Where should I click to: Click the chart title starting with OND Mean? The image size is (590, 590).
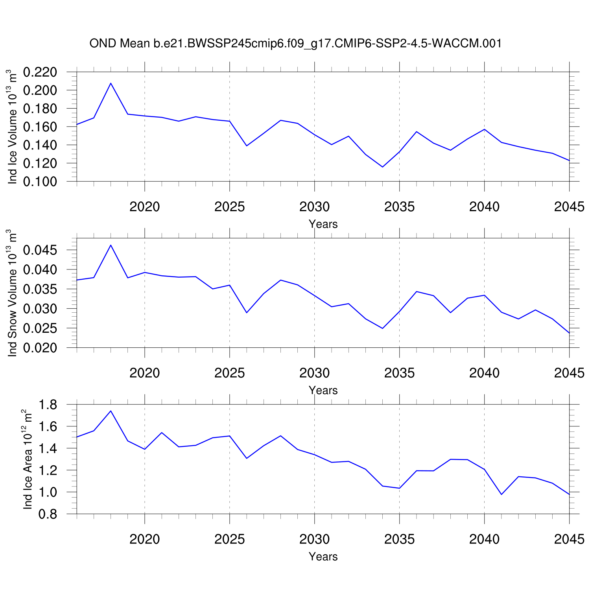pyautogui.click(x=295, y=43)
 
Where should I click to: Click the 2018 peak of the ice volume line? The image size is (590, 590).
pyautogui.click(x=111, y=83)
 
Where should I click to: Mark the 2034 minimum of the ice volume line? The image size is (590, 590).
pyautogui.click(x=382, y=167)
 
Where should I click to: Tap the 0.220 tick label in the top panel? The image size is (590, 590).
pyautogui.click(x=40, y=72)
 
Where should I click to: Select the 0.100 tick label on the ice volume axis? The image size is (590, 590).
pyautogui.click(x=40, y=181)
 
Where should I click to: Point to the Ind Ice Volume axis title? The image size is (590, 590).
pyautogui.click(x=13, y=127)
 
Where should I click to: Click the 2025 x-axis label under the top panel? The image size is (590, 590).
pyautogui.click(x=230, y=206)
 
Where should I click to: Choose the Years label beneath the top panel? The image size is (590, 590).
pyautogui.click(x=323, y=224)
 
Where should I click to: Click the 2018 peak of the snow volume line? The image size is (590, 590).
pyautogui.click(x=111, y=245)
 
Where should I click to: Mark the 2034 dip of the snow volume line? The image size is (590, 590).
pyautogui.click(x=382, y=328)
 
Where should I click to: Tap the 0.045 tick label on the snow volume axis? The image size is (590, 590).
pyautogui.click(x=40, y=250)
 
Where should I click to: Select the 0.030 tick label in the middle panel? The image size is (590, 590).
pyautogui.click(x=40, y=309)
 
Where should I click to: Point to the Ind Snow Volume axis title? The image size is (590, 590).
pyautogui.click(x=13, y=293)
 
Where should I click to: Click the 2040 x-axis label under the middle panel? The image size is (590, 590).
pyautogui.click(x=484, y=373)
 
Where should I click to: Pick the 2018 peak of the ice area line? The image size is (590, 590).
pyautogui.click(x=111, y=411)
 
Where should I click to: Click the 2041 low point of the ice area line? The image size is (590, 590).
pyautogui.click(x=501, y=494)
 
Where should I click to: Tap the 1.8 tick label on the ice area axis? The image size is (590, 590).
pyautogui.click(x=48, y=405)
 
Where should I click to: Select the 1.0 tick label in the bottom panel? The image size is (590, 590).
pyautogui.click(x=48, y=492)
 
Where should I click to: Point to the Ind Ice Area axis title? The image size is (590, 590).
pyautogui.click(x=27, y=459)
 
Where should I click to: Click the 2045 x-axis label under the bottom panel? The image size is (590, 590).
pyautogui.click(x=569, y=539)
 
